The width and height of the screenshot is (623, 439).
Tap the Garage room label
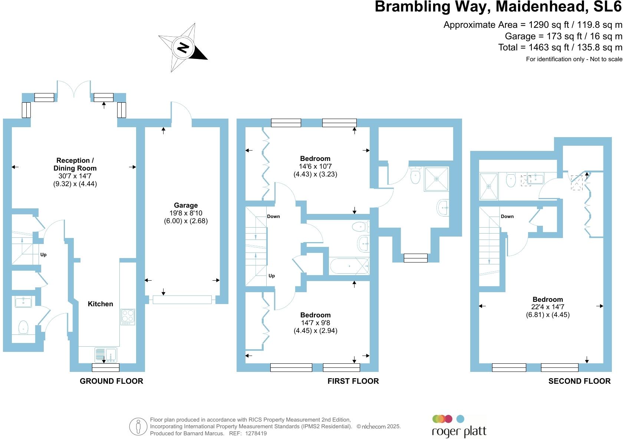click(186, 205)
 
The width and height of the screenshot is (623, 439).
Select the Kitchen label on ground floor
click(100, 304)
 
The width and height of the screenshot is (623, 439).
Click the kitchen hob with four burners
click(128, 316)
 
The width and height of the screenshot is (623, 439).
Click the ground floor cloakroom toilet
click(23, 327)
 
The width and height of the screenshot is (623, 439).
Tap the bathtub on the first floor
click(349, 266)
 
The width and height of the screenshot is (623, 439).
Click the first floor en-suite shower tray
click(436, 179)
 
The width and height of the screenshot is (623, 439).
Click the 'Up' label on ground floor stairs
click(43, 255)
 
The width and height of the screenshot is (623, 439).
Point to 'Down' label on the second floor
click(507, 217)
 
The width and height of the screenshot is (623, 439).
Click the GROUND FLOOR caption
click(111, 381)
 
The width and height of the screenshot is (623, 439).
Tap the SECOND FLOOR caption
click(579, 381)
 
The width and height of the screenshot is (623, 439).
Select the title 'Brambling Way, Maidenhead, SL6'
click(498, 7)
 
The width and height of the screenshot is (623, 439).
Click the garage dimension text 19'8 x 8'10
click(186, 213)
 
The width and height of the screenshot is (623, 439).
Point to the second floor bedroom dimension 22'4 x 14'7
click(548, 307)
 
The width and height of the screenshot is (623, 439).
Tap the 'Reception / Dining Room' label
click(75, 164)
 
